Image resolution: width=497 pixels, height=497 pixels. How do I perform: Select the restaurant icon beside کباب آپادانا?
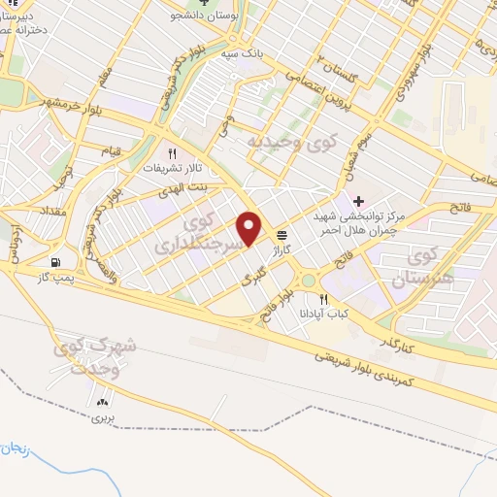pyautogui.click(x=325, y=300)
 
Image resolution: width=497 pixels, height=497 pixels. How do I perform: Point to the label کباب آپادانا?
pyautogui.click(x=329, y=315)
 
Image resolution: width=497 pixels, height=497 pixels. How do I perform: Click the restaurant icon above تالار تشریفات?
pyautogui.click(x=173, y=153)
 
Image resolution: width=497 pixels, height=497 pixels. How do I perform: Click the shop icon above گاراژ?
pyautogui.click(x=282, y=234)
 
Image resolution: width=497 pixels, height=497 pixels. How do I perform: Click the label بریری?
pyautogui.click(x=103, y=418)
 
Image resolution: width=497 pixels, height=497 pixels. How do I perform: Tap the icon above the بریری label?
pyautogui.click(x=103, y=402)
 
